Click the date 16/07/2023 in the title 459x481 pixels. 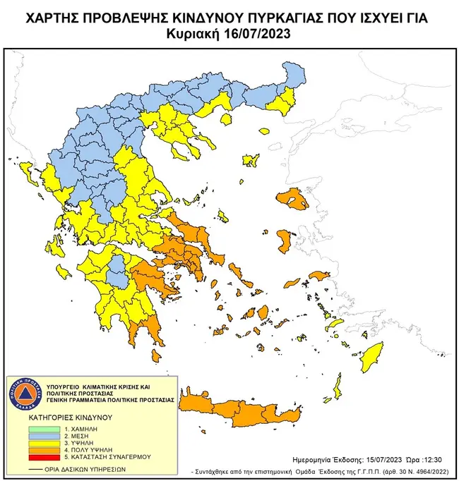click(258, 33)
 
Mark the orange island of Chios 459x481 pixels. click(285, 240)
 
